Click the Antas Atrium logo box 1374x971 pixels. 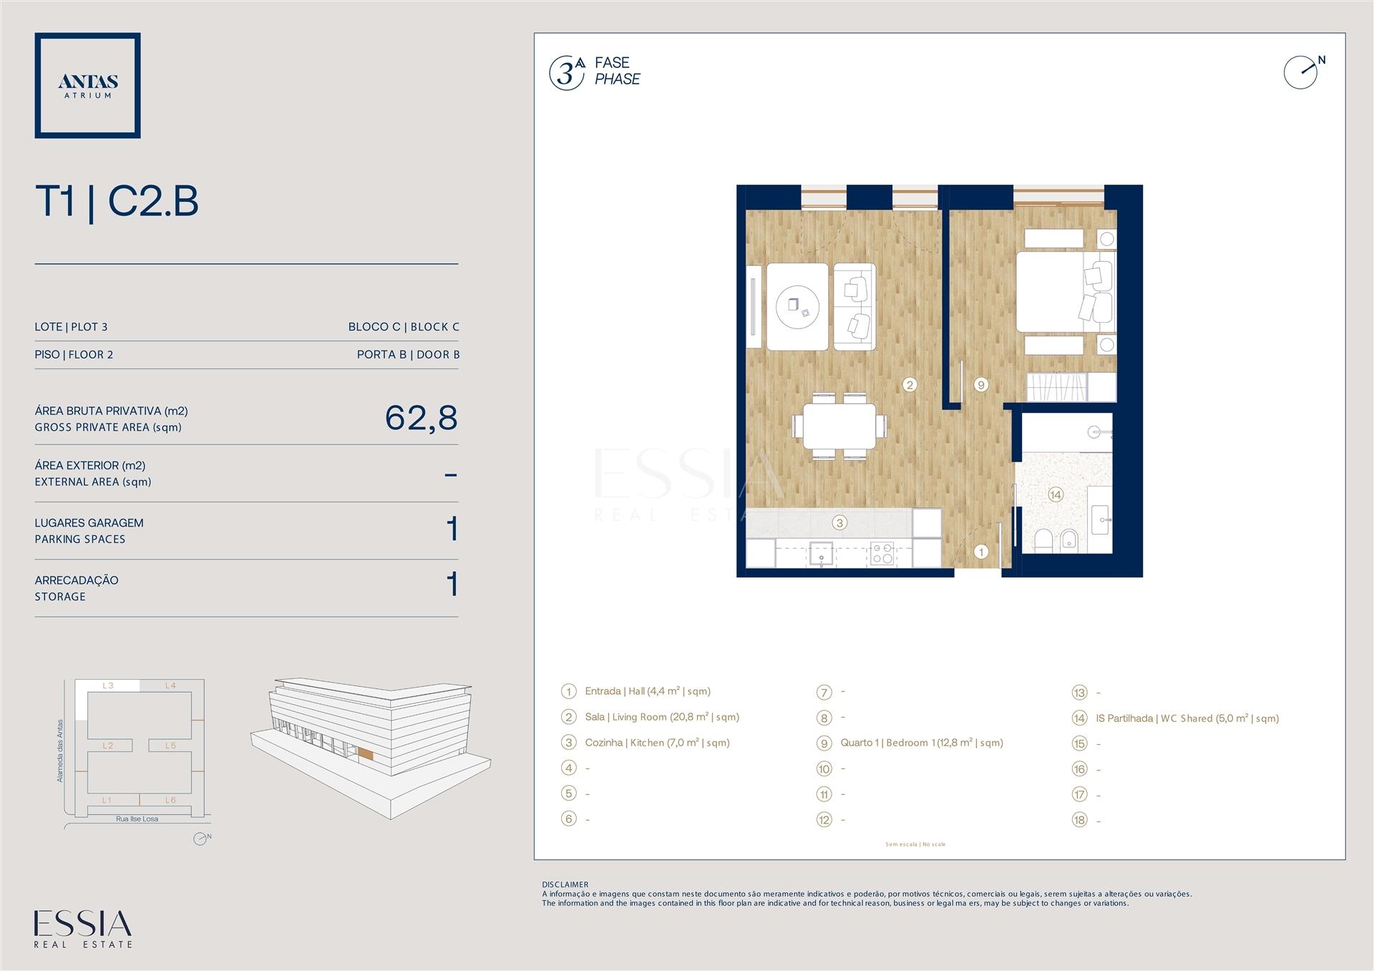(x=87, y=85)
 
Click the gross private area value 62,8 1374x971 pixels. (x=421, y=418)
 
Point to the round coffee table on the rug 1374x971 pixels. (x=798, y=307)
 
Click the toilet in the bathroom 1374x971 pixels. (x=1043, y=541)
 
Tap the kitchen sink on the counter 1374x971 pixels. (x=822, y=554)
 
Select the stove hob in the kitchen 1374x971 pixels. (x=882, y=554)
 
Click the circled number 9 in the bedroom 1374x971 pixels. (x=981, y=385)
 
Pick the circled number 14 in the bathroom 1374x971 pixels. (x=1055, y=494)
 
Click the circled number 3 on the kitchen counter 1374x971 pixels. (x=840, y=523)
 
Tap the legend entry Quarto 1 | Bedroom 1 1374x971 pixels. (x=922, y=743)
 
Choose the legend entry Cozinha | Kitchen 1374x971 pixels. (x=657, y=743)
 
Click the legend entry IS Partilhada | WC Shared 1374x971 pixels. (x=1187, y=718)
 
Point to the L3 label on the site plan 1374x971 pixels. (x=108, y=685)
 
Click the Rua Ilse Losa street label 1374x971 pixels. (x=137, y=819)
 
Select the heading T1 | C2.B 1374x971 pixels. (x=117, y=202)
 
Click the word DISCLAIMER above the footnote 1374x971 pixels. (x=565, y=884)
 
